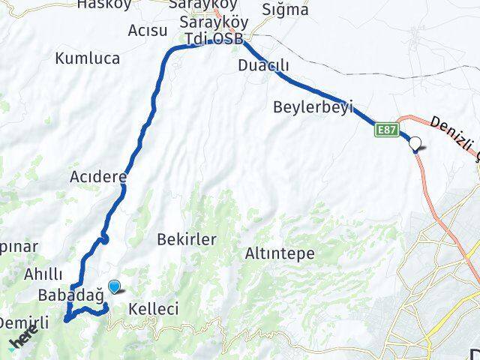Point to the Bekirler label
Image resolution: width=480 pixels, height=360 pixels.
click(187, 240)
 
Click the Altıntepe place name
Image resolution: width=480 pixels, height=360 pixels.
click(280, 254)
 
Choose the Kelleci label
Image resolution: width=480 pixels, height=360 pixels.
click(153, 308)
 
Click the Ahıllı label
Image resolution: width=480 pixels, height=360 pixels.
click(43, 274)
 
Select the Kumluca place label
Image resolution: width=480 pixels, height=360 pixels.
click(85, 57)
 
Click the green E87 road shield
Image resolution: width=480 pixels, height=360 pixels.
click(386, 130)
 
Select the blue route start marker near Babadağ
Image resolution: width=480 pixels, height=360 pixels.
click(114, 286)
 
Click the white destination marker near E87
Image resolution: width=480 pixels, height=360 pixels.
click(414, 146)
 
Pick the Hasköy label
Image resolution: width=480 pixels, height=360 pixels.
click(104, 4)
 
